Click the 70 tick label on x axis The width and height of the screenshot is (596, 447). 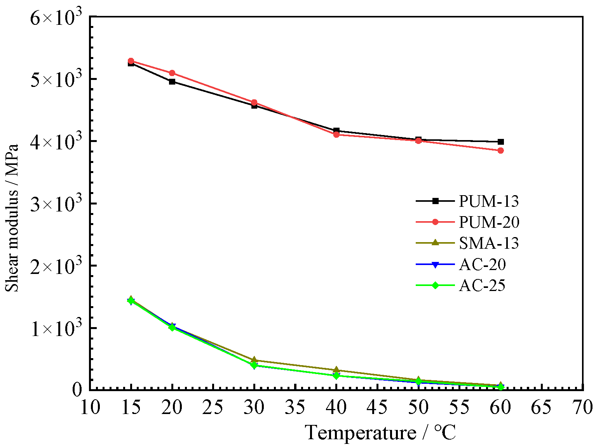point(582,407)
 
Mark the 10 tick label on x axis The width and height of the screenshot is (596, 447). point(90,407)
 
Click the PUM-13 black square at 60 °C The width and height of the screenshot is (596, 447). point(501,142)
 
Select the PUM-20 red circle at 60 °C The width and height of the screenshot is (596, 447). point(501,151)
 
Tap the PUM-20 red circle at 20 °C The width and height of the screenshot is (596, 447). point(172,73)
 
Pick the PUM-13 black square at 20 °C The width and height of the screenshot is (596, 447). point(172,81)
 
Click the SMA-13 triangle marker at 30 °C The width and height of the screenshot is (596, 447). point(254,360)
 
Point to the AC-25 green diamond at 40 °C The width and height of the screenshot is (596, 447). point(336,376)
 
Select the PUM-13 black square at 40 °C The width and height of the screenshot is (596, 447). point(336,130)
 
